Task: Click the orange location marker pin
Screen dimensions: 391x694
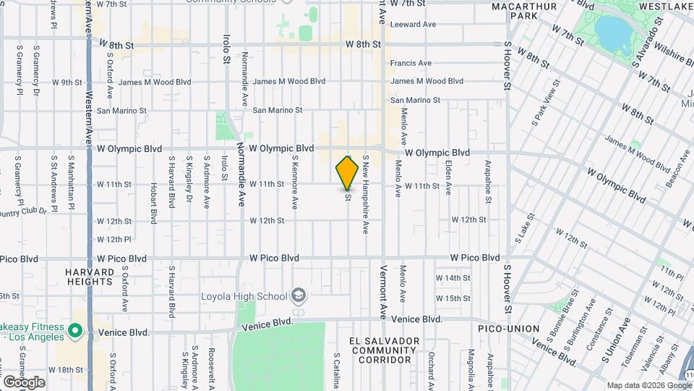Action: coord(348,172)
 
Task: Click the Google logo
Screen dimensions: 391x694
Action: coord(23,382)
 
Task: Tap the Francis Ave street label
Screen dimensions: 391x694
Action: coord(411,63)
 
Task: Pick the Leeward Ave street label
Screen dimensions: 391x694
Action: coord(413,24)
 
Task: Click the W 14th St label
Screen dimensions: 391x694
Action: coord(453,278)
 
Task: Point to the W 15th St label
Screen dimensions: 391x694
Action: coord(453,298)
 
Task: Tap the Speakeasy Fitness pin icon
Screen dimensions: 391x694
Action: coord(75,332)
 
